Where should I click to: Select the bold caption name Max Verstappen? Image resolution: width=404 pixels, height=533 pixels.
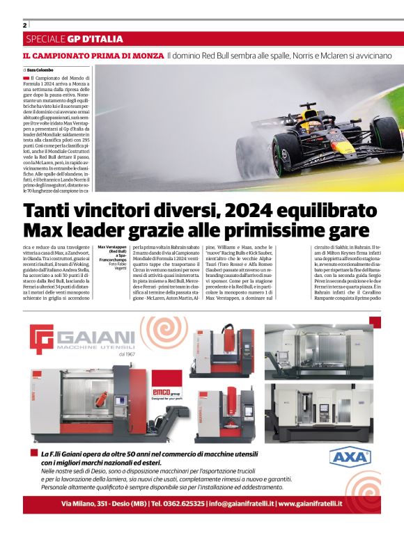(x=111, y=247)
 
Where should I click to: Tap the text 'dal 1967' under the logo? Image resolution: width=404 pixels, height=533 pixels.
(x=126, y=356)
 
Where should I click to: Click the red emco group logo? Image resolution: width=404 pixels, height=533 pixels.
(x=169, y=393)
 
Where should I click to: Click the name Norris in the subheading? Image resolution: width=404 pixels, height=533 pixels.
(x=286, y=55)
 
